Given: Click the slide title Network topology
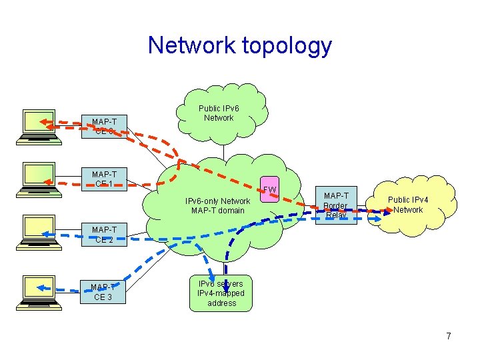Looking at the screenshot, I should point(239,45).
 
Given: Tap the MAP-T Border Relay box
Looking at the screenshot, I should point(335,205).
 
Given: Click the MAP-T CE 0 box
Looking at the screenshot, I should point(104,126).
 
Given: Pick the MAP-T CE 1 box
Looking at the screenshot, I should point(104,179).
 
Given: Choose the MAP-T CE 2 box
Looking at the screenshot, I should point(104,235).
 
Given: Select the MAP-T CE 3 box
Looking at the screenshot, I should point(104,291).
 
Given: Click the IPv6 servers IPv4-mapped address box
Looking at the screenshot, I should point(221,293).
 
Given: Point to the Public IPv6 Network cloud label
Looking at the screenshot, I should point(219,113).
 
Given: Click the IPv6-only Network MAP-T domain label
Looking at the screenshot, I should point(217,205).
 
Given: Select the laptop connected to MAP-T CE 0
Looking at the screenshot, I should point(39,126).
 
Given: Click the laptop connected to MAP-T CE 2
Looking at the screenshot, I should point(39,233).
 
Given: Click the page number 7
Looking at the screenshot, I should point(448,336).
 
